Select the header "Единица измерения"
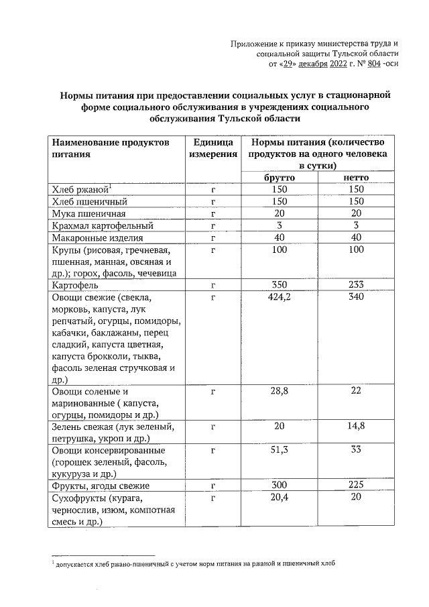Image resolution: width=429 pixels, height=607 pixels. pos(212,148)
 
